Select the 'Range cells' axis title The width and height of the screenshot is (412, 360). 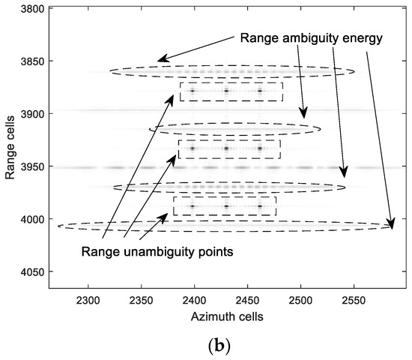point(10,147)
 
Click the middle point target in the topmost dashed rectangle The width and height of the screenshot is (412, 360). point(226,91)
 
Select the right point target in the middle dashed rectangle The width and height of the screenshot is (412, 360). point(260,148)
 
